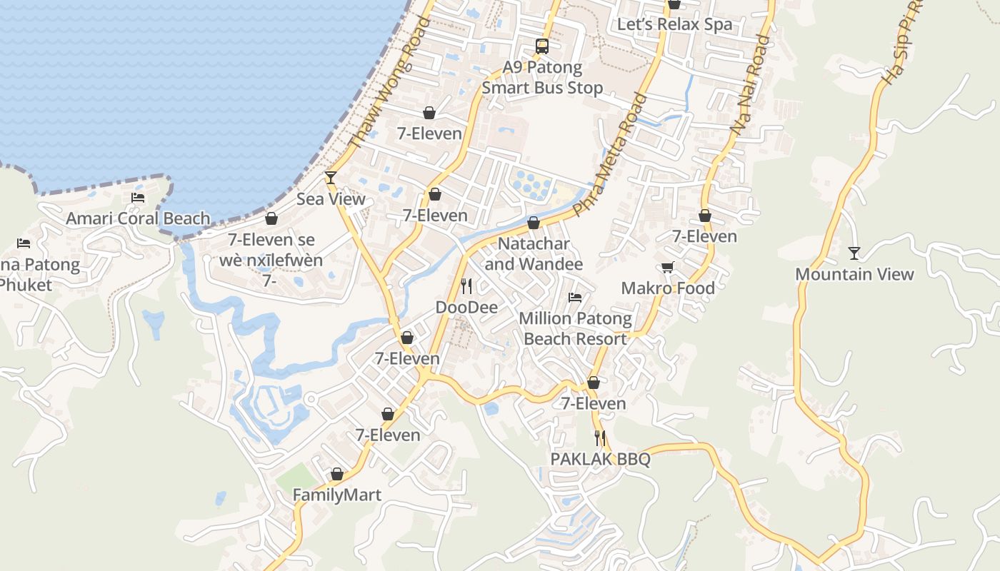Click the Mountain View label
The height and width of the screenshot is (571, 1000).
[854, 274]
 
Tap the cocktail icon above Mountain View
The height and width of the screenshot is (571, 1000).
[854, 253]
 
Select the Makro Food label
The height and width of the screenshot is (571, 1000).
[668, 288]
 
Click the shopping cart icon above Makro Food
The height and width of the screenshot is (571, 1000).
[668, 267]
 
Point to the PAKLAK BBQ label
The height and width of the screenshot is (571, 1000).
[600, 459]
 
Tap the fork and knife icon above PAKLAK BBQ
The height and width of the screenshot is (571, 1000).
[600, 438]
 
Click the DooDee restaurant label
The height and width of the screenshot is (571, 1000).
[466, 307]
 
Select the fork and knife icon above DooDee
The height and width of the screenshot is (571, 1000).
[466, 286]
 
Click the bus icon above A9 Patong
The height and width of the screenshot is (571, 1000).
[542, 46]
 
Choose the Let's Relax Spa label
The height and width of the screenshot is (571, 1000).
[674, 24]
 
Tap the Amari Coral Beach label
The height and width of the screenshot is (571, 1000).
[138, 218]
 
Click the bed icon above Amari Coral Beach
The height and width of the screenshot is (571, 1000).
[138, 198]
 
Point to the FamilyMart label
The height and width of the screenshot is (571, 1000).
[337, 495]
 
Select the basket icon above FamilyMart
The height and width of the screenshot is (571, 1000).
[337, 474]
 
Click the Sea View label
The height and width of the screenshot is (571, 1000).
[331, 199]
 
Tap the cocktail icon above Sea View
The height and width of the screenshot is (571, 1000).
[331, 177]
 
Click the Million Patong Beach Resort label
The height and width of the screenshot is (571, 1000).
[575, 328]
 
